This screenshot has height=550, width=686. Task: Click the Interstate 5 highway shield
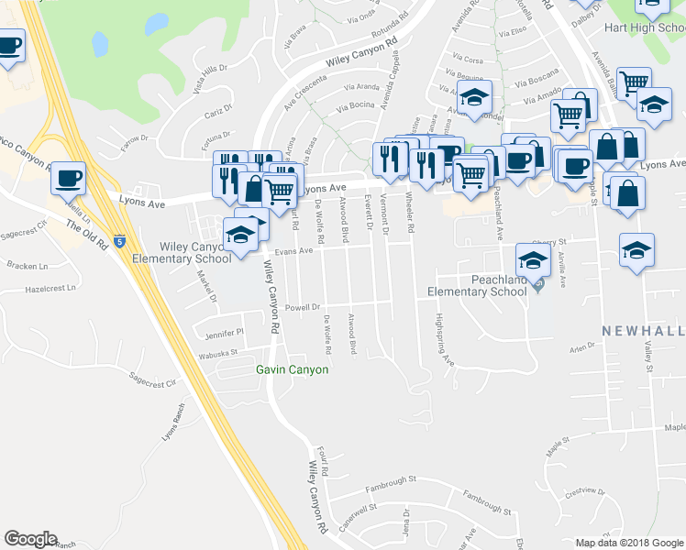(119, 242)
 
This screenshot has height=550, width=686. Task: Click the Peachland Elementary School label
(478, 285)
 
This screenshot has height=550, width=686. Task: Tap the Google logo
(30, 538)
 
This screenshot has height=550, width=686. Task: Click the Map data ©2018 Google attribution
(629, 543)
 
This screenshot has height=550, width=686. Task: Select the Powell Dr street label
(302, 308)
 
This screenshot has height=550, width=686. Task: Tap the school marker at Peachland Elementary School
(534, 258)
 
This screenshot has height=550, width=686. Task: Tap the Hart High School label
(644, 27)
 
